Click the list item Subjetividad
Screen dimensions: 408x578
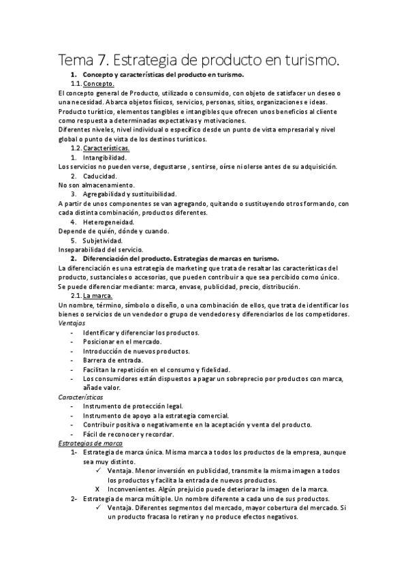(103, 241)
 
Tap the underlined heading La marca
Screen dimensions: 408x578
(97, 296)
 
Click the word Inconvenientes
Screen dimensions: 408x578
(134, 489)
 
